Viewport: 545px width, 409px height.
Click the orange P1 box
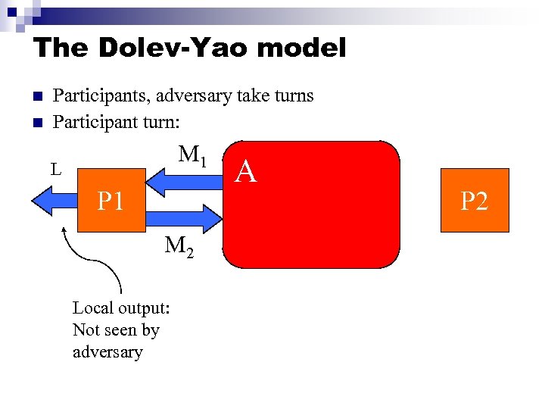(111, 200)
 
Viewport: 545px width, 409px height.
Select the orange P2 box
(475, 200)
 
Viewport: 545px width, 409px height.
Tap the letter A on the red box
(246, 173)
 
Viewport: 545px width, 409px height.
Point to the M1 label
(193, 156)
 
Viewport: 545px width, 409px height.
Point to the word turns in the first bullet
(294, 96)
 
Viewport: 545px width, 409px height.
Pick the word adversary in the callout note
(107, 352)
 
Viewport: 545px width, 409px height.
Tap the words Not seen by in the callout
(116, 330)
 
